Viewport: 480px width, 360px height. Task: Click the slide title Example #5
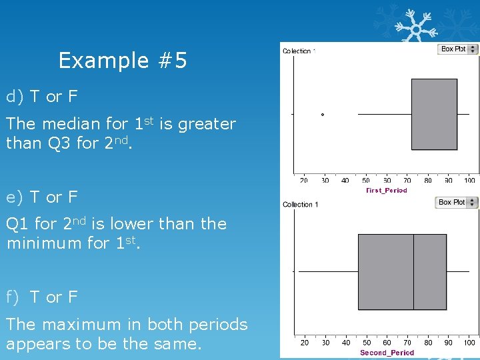click(x=123, y=61)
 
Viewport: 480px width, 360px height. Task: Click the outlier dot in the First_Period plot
click(x=323, y=115)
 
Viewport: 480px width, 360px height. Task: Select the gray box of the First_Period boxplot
click(x=434, y=114)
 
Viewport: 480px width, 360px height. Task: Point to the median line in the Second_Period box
click(x=413, y=271)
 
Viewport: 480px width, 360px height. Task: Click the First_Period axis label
click(x=387, y=190)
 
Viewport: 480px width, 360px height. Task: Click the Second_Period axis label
click(x=387, y=353)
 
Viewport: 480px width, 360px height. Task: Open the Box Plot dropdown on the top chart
click(x=458, y=49)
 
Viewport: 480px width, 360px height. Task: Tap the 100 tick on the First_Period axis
click(x=469, y=181)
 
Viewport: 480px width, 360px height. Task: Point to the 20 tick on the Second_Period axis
click(x=305, y=343)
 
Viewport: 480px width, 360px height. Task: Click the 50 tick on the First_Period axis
click(x=366, y=181)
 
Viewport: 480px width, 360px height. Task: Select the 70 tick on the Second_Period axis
click(x=407, y=343)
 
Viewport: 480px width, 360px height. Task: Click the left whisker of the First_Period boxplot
click(x=385, y=115)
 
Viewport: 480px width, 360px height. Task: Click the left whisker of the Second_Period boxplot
click(x=328, y=271)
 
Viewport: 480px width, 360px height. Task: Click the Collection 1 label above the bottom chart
click(x=301, y=205)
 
